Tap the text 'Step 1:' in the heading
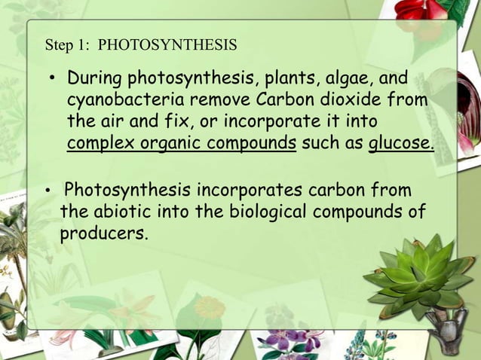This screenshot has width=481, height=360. [68, 45]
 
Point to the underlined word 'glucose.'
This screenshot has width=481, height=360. [401, 143]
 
